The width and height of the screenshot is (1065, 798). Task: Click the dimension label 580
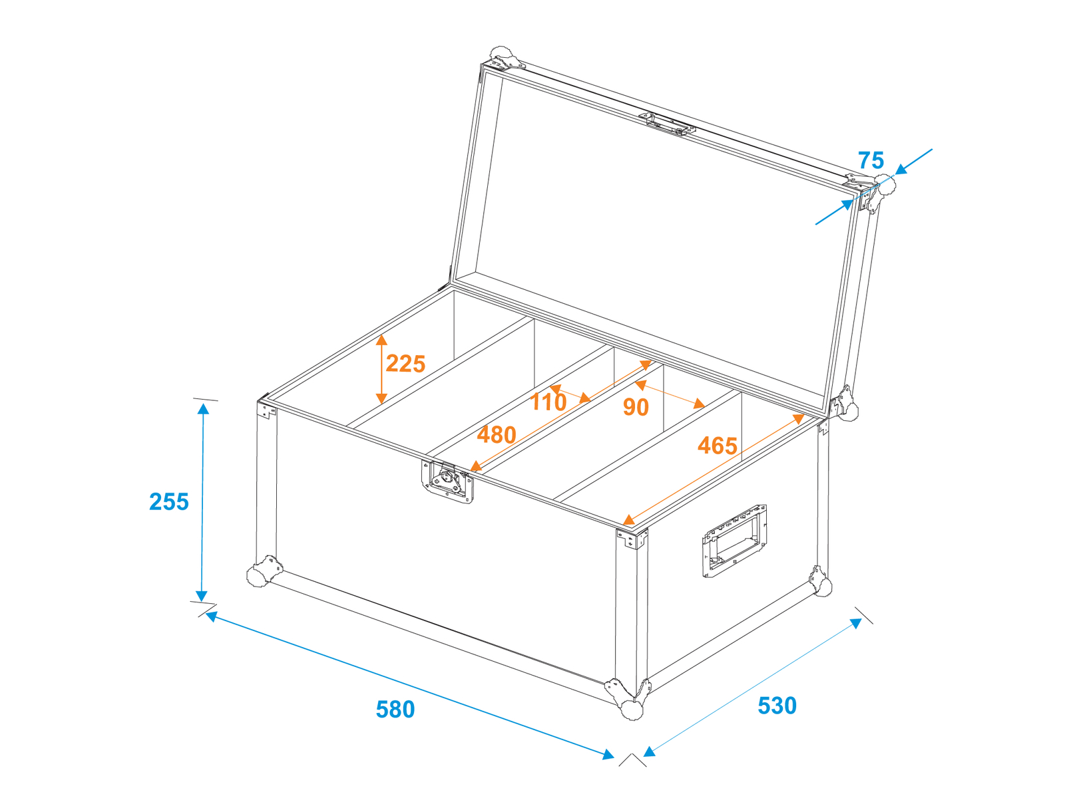coord(395,710)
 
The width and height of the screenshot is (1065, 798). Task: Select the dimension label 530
coord(777,706)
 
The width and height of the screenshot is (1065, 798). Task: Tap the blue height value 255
coord(169,501)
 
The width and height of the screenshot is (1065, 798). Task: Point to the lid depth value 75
coord(871,160)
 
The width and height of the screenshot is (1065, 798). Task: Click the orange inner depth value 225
coord(405,363)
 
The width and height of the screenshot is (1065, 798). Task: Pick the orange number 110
coord(548,402)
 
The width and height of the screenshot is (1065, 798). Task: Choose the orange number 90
coord(636,407)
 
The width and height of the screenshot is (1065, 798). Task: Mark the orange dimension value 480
coord(497,435)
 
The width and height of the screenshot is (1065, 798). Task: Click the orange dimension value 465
coord(717,446)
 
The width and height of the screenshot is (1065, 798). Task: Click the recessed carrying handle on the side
coord(734,541)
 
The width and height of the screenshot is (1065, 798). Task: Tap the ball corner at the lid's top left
coord(504,58)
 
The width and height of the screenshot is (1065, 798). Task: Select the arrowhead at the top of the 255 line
coord(203,408)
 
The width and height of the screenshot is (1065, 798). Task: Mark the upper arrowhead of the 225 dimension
coord(381,340)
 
